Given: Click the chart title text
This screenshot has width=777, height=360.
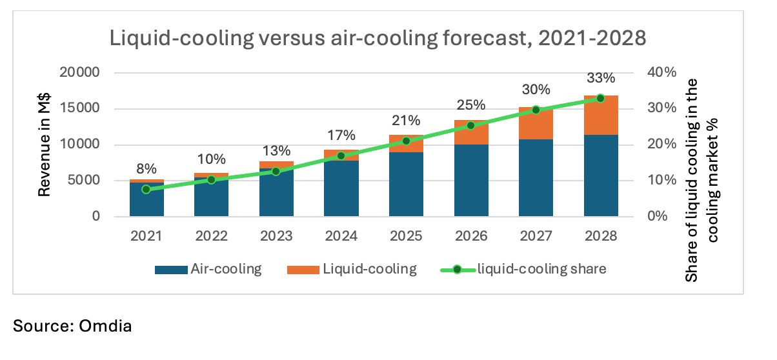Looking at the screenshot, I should [378, 39].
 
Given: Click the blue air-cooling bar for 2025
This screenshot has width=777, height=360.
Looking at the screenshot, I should [406, 184].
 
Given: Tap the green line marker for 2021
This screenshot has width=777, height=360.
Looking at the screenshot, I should [146, 189].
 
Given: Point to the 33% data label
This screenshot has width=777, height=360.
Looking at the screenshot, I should [601, 78].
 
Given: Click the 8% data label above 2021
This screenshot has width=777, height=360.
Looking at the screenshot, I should [146, 169].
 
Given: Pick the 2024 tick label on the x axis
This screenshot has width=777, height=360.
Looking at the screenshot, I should [341, 236].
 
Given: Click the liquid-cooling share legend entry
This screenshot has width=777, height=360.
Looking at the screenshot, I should [522, 269].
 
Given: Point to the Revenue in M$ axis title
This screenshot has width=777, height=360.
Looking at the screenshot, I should [45, 145].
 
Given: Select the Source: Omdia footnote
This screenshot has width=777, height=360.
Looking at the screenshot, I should [72, 326].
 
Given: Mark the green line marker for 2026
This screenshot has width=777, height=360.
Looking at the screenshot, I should [471, 126].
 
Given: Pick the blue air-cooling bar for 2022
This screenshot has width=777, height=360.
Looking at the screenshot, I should [211, 197].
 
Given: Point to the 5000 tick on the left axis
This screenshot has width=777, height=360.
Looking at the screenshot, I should [82, 180].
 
